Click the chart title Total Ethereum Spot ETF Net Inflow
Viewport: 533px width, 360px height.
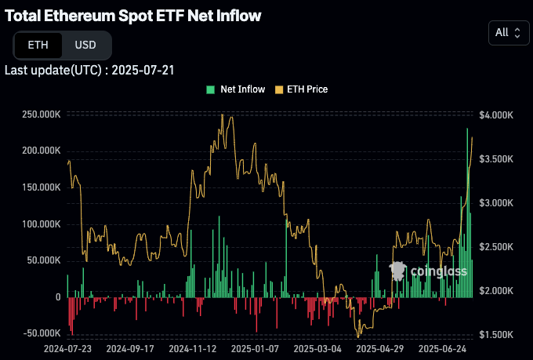pyautogui.click(x=133, y=16)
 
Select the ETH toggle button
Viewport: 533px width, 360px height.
pyautogui.click(x=38, y=45)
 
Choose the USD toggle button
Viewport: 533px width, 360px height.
pyautogui.click(x=85, y=45)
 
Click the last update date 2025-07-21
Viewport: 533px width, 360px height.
pyautogui.click(x=143, y=70)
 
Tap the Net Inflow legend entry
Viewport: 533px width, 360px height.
pyautogui.click(x=236, y=89)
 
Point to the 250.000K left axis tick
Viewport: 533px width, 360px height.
pyautogui.click(x=42, y=115)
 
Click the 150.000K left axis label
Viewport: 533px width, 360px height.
pyautogui.click(x=42, y=187)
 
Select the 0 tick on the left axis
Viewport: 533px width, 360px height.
pyautogui.click(x=58, y=297)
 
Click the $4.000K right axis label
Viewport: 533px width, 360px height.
pyautogui.click(x=495, y=115)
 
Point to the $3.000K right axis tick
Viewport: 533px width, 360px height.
pyautogui.click(x=495, y=202)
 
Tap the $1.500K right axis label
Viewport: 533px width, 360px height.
pyautogui.click(x=495, y=334)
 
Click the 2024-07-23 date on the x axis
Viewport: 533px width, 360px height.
pyautogui.click(x=68, y=347)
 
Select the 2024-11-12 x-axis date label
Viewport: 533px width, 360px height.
pyautogui.click(x=192, y=347)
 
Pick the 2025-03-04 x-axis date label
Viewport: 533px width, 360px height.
pyautogui.click(x=317, y=347)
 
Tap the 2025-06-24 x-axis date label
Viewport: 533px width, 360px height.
pyautogui.click(x=442, y=347)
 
